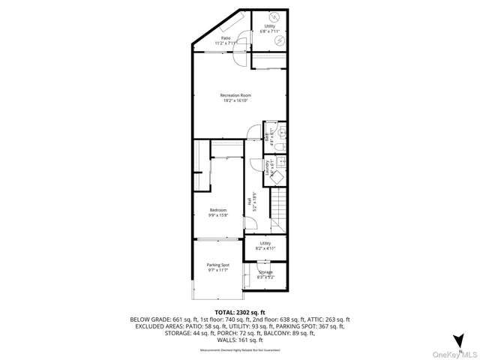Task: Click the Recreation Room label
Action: pyautogui.click(x=235, y=98)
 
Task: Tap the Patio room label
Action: pyautogui.click(x=226, y=40)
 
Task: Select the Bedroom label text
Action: pyautogui.click(x=218, y=212)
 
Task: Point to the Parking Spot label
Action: pyautogui.click(x=218, y=268)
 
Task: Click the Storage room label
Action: pyautogui.click(x=266, y=274)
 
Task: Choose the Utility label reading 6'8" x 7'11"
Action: pyautogui.click(x=268, y=28)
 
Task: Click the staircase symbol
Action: pyautogui.click(x=280, y=210)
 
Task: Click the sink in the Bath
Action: pyautogui.click(x=282, y=145)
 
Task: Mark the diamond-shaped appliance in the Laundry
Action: pyautogui.click(x=277, y=176)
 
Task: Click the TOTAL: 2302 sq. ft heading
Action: pyautogui.click(x=240, y=311)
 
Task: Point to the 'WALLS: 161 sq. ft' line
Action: pyautogui.click(x=240, y=340)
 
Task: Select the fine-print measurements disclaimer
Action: pyautogui.click(x=240, y=349)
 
